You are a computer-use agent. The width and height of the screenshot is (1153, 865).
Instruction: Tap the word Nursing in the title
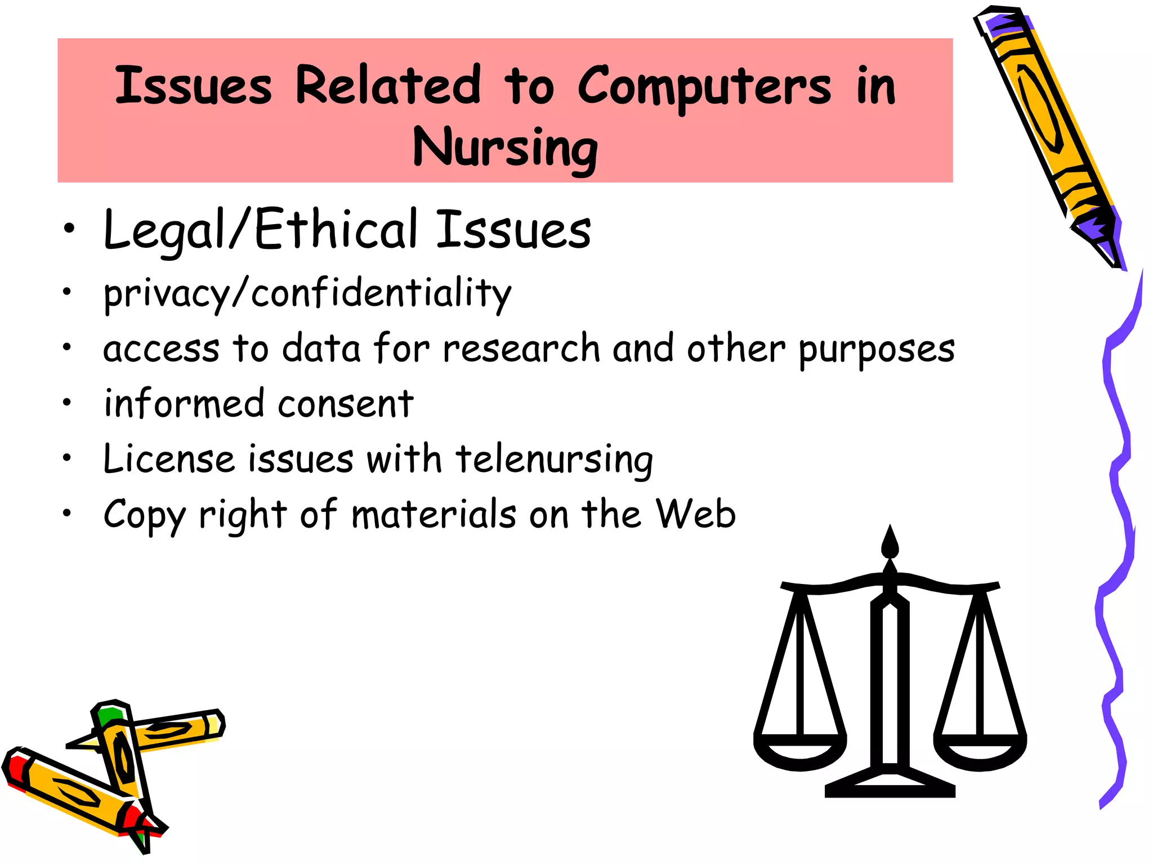coord(505,148)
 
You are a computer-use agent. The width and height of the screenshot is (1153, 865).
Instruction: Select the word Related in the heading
coord(388,86)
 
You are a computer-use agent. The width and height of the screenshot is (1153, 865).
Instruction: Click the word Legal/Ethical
coord(261,230)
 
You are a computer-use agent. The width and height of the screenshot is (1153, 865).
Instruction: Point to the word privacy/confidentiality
coord(307,294)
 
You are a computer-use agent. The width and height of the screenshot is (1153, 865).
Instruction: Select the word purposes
coord(877,350)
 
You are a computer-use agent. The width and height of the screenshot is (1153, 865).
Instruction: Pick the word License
coord(169,459)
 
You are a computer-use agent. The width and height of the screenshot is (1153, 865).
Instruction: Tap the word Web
coord(696,514)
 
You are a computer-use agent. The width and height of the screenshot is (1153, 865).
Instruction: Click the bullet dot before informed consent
coord(67,403)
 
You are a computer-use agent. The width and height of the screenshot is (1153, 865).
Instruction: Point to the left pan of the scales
coord(799,752)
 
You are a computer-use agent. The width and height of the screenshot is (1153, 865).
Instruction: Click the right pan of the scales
coord(980,752)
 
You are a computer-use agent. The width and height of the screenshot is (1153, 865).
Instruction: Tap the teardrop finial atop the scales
coord(890,543)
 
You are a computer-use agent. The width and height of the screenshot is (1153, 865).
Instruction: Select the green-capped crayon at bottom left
coord(121,755)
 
